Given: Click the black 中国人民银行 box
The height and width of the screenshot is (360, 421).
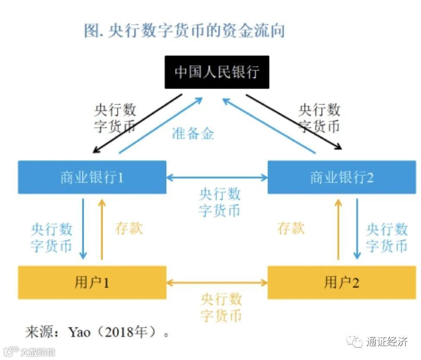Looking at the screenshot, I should point(217,72).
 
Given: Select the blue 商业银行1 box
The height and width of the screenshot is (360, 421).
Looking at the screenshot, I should point(92,177).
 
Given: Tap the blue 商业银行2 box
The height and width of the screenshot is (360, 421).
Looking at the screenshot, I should point(341,177).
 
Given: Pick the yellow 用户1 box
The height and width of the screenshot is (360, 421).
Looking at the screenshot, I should point(92,283).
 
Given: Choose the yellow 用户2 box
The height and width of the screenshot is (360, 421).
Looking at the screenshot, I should point(341,283).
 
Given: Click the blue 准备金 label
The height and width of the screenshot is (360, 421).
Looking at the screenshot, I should point(193,133).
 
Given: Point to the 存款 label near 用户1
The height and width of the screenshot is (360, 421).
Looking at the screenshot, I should point(129,228).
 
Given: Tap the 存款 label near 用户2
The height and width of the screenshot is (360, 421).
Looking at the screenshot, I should point(291,228).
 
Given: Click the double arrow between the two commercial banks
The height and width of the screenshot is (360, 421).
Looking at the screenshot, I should point(217,177).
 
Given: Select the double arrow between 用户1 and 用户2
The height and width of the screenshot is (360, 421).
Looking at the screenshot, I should point(217,283).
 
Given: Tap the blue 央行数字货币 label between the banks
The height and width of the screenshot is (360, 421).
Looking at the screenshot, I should point(219,202).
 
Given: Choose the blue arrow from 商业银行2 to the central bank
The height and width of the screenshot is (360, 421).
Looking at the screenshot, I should point(269,125).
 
